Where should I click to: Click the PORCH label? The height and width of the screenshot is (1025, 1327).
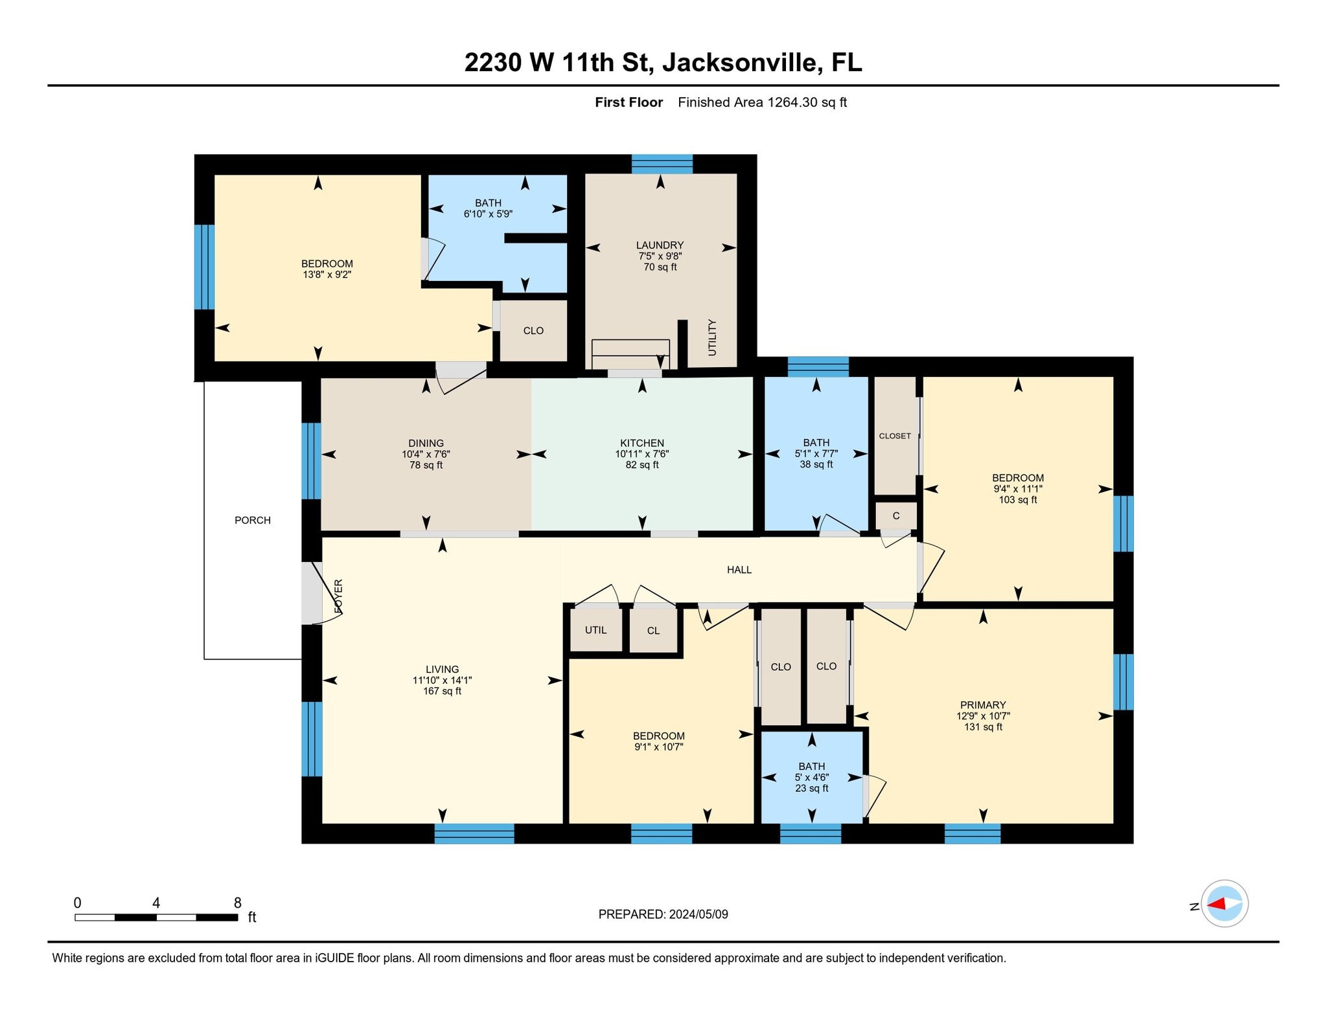253,520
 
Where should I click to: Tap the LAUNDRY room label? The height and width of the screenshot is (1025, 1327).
660,245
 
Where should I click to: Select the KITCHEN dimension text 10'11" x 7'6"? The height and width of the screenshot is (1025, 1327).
642,454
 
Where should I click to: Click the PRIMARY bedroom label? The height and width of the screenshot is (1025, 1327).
983,705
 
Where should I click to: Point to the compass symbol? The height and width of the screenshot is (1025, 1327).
1225,903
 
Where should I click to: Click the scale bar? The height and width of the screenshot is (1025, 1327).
156,917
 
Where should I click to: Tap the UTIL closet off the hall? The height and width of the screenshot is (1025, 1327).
595,630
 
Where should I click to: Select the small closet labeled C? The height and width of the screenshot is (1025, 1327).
896,516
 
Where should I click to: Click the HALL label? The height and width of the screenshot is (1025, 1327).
739,570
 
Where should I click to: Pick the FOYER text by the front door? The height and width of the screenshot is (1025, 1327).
338,596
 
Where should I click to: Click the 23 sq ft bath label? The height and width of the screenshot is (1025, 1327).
812,788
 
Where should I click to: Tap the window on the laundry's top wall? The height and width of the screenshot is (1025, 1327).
662,164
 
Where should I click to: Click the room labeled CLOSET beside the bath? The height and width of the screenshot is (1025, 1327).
895,436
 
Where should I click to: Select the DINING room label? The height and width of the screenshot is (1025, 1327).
426,444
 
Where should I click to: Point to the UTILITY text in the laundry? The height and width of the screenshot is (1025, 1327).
712,337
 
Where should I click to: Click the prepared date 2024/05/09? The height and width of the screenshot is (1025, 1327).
698,914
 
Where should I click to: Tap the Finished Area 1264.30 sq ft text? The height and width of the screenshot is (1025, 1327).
763,102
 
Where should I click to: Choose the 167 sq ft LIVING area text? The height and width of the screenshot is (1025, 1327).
442,691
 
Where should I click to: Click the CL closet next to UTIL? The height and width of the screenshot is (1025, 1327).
653,631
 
